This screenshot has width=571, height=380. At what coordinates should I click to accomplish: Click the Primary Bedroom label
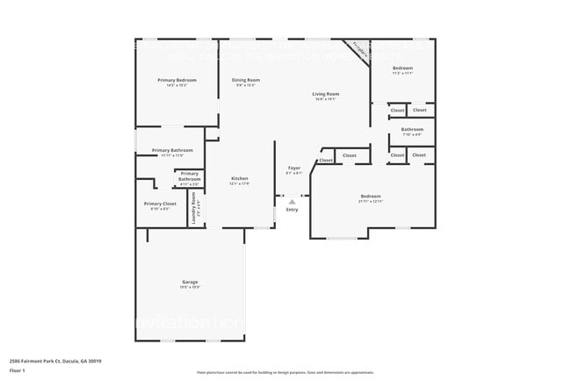(x=177, y=80)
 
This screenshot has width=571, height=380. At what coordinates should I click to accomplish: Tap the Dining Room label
(x=246, y=80)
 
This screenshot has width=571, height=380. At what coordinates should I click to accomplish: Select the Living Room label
(x=326, y=94)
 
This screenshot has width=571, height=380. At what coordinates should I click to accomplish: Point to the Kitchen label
(x=240, y=178)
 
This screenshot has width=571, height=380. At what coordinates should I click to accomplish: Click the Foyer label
(x=294, y=167)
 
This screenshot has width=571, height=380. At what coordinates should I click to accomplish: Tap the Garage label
(x=190, y=282)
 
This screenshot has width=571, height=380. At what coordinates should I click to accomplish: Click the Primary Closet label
(x=160, y=204)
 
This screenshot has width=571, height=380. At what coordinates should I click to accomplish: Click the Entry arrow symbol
(x=293, y=202)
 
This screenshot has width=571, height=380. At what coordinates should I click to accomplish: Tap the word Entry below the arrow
(x=293, y=210)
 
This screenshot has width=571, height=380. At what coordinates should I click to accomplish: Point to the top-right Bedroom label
(x=402, y=68)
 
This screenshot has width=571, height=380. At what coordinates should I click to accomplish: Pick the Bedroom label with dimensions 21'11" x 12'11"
(x=371, y=196)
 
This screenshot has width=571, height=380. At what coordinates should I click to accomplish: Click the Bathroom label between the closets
(x=412, y=129)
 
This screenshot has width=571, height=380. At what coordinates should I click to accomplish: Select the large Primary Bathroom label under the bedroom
(x=172, y=150)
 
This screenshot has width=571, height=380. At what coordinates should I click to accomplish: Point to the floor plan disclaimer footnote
(x=285, y=372)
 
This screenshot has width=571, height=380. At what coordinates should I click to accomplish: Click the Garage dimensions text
(x=190, y=287)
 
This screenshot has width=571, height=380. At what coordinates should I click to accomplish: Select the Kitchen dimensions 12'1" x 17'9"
(x=240, y=183)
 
